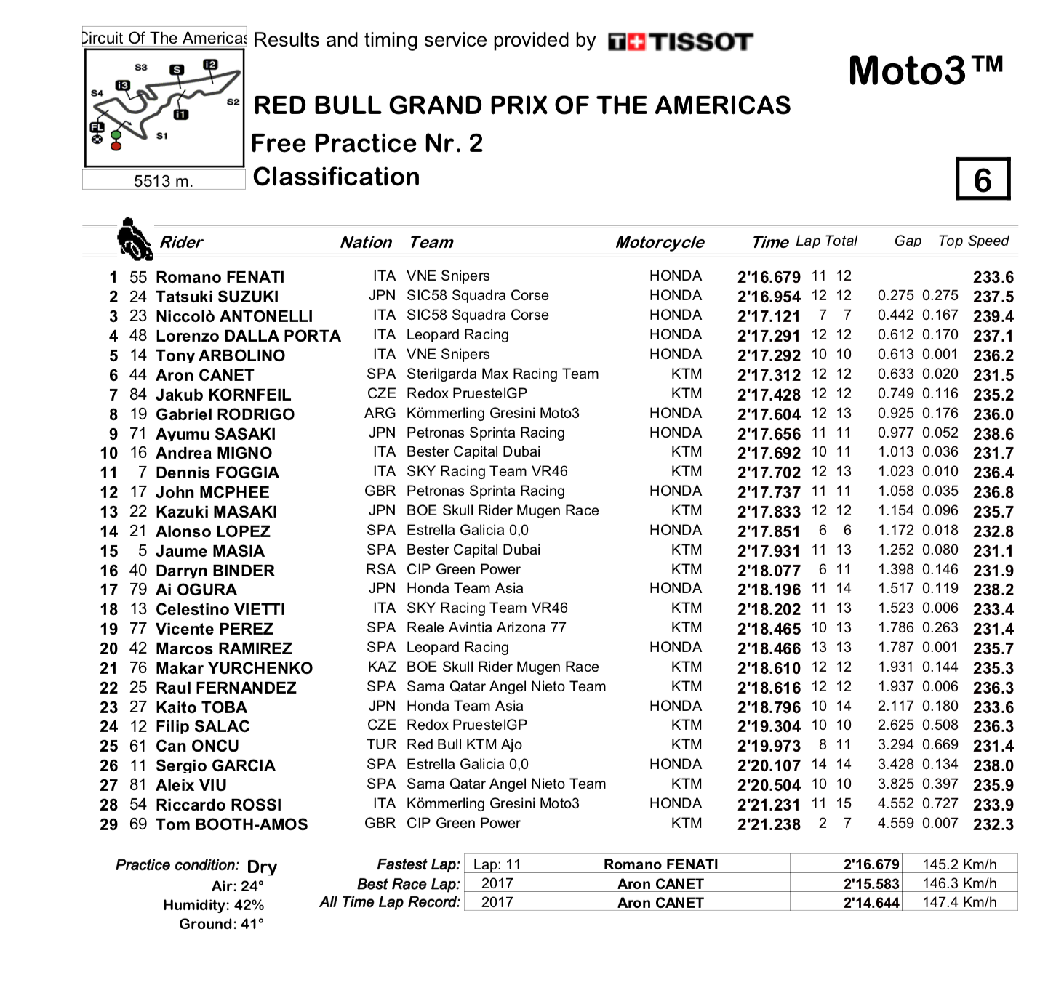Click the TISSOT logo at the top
click(681, 42)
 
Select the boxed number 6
click(983, 180)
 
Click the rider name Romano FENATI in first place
click(220, 277)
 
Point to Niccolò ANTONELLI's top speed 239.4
click(993, 316)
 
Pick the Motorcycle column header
click(660, 242)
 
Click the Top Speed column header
click(973, 241)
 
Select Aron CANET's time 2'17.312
click(768, 375)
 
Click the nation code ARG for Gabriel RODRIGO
click(380, 413)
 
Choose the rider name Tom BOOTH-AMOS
click(231, 824)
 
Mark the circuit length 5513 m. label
click(164, 181)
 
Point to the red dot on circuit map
click(116, 146)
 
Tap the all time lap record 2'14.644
click(871, 903)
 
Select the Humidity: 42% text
click(213, 905)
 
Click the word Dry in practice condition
click(262, 867)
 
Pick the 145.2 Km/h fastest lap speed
click(959, 864)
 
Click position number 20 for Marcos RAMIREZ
click(108, 648)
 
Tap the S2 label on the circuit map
click(233, 102)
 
